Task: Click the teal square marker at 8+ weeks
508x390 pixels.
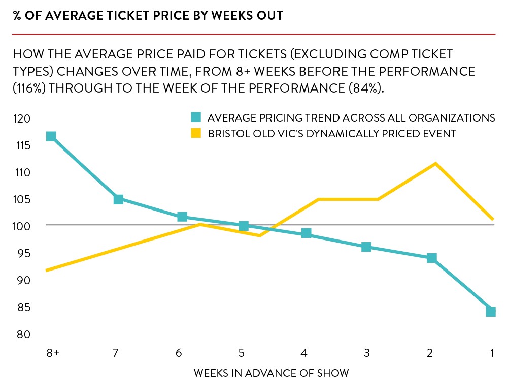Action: [x=51, y=136]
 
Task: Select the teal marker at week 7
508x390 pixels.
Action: [x=118, y=199]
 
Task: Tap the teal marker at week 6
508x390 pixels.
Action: [x=182, y=217]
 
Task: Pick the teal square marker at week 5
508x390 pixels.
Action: [x=244, y=226]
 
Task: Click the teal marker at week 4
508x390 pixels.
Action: [x=306, y=233]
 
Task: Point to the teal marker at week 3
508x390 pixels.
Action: [x=366, y=247]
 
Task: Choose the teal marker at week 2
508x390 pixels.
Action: [x=432, y=258]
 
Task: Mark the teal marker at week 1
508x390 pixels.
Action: [x=490, y=312]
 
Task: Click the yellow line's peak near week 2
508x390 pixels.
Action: [x=435, y=164]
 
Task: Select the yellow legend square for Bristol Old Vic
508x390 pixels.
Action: [x=196, y=134]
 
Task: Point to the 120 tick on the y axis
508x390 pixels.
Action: [x=23, y=118]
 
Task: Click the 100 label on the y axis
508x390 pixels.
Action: [x=23, y=226]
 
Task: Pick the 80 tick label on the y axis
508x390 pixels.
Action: [x=23, y=334]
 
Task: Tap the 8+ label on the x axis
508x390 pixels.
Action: [x=52, y=353]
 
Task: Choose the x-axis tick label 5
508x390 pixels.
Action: [x=242, y=353]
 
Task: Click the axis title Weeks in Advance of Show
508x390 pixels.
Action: [x=271, y=373]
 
